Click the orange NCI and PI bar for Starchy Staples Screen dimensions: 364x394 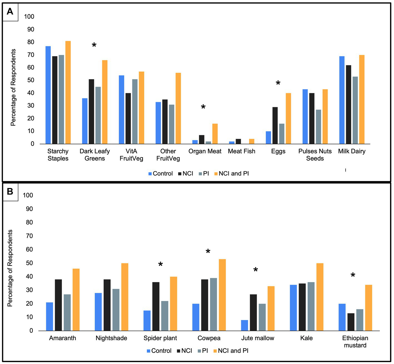pyautogui.click(x=68, y=92)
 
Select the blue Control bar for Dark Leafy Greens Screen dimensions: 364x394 pyautogui.click(x=85, y=121)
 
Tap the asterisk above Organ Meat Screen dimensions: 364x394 pyautogui.click(x=203, y=107)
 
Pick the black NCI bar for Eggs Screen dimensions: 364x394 pyautogui.click(x=275, y=125)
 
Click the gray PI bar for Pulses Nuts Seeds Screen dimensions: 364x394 pyautogui.click(x=318, y=127)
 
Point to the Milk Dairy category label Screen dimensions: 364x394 pyautogui.click(x=351, y=151)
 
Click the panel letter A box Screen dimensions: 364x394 pyautogui.click(x=10, y=12)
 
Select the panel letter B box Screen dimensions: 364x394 pyautogui.click(x=10, y=192)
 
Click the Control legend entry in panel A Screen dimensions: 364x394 pyautogui.click(x=161, y=174)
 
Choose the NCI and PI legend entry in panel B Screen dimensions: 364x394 pyautogui.click(x=231, y=351)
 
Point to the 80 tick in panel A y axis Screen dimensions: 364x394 pyautogui.click(x=31, y=42)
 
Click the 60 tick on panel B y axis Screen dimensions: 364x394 pyautogui.click(x=29, y=249)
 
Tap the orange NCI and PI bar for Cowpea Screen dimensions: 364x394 pyautogui.click(x=222, y=295)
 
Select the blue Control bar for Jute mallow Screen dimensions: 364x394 pyautogui.click(x=245, y=325)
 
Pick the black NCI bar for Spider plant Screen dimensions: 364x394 pyautogui.click(x=156, y=306)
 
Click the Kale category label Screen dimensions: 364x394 pyautogui.click(x=306, y=338)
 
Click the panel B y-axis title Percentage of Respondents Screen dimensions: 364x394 pyautogui.click(x=10, y=268)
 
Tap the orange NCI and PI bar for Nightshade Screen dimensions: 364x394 pyautogui.click(x=125, y=297)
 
